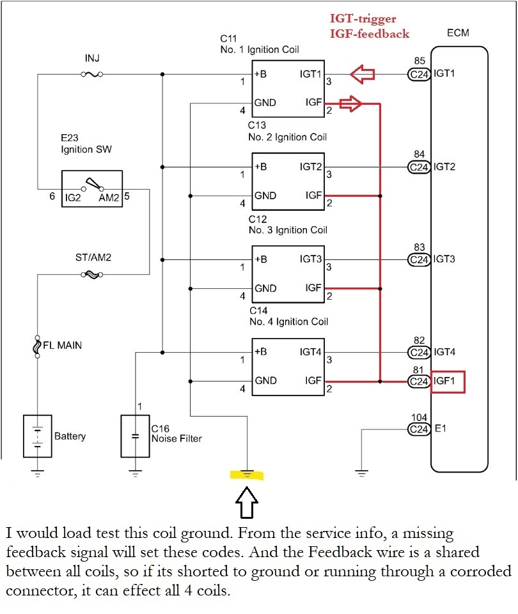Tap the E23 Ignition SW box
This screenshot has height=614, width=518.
tap(91, 189)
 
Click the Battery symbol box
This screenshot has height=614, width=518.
tap(38, 436)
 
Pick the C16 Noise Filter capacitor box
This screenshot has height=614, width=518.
tap(135, 436)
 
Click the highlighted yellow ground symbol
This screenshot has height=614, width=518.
tap(247, 475)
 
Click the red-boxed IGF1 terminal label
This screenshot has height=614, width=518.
tap(448, 382)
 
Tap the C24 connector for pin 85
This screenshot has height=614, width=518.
tap(419, 75)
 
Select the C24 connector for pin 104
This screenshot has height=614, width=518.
tap(419, 429)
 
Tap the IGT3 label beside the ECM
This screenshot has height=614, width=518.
tap(445, 259)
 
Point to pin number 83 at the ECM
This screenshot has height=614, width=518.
tap(419, 247)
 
